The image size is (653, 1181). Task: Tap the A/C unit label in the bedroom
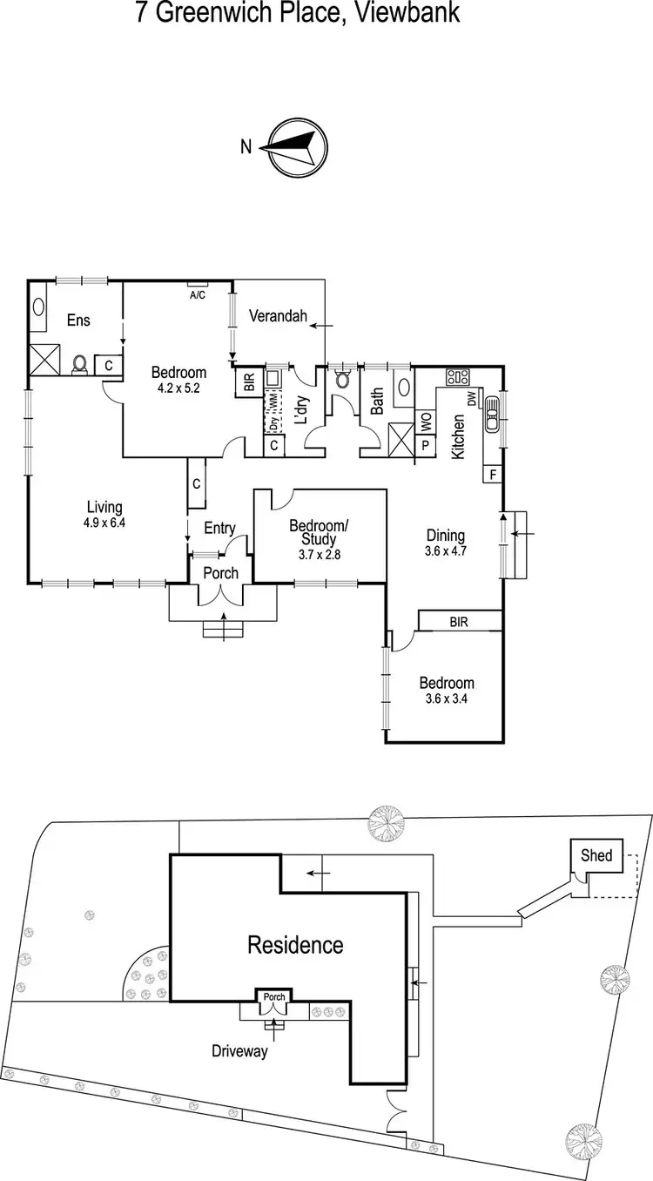[x=197, y=294]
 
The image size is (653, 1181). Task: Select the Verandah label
[x=279, y=317]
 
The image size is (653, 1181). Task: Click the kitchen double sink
[x=491, y=415]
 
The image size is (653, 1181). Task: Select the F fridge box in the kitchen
[x=492, y=475]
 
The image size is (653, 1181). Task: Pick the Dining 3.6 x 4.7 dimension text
[x=445, y=551]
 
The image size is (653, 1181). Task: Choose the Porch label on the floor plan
[x=220, y=573]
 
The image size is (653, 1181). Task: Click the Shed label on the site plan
[x=596, y=855]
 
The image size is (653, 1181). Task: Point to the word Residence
[x=295, y=944]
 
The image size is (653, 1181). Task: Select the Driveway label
[x=239, y=1051]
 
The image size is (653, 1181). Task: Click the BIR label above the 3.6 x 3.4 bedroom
[x=460, y=622]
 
